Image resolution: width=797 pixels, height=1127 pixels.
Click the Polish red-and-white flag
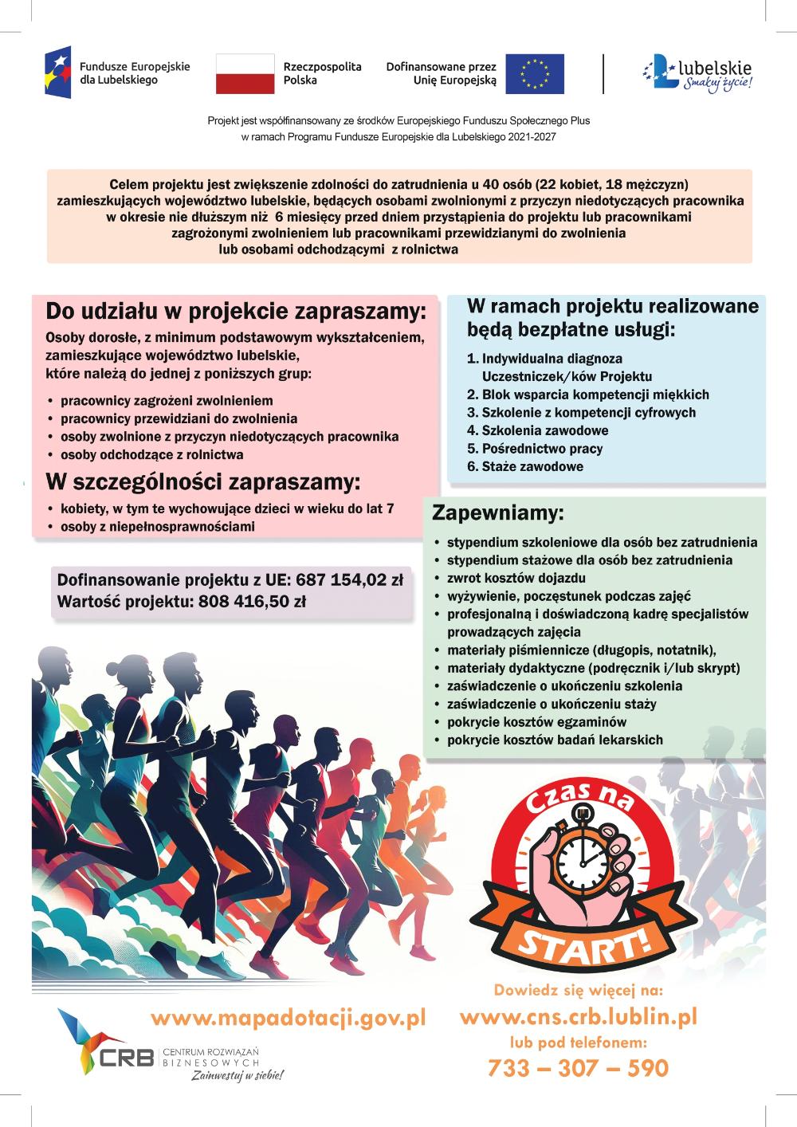pos(245,73)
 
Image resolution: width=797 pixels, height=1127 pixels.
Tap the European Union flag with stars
pos(534,73)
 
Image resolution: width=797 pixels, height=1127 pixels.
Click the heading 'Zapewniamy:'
pos(498,512)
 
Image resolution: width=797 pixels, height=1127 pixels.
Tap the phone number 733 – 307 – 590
pos(578,1067)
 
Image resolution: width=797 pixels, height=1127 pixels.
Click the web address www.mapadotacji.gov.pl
pos(288,1018)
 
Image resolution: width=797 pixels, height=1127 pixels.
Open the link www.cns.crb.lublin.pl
pos(579,1016)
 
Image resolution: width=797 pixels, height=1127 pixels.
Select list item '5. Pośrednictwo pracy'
pos(535,448)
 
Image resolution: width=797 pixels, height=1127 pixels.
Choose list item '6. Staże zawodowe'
pos(525,466)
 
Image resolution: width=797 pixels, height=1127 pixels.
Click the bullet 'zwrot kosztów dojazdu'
pos(516,578)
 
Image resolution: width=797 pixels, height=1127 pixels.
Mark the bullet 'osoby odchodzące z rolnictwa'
pos(151,454)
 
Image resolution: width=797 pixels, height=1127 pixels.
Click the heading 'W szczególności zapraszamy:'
pos(203,482)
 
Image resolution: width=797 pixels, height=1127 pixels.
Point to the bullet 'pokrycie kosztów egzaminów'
pos(536,721)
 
